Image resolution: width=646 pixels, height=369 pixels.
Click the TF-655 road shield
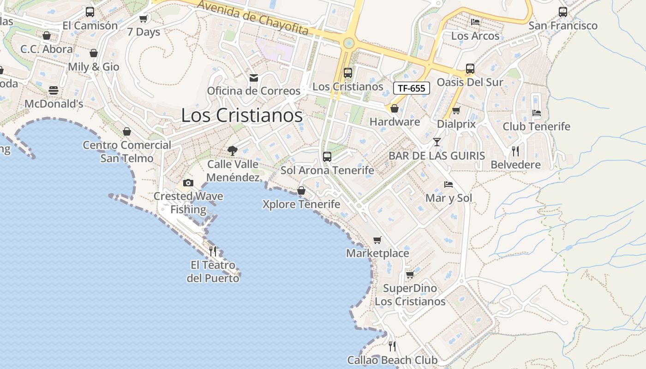(x=411, y=88)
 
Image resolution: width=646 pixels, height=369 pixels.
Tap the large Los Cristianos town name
(x=242, y=115)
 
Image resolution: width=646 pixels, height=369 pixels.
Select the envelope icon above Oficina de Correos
(x=253, y=77)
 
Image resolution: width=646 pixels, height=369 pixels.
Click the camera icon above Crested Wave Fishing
(x=188, y=183)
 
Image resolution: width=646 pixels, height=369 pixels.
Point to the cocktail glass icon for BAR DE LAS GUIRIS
(x=437, y=142)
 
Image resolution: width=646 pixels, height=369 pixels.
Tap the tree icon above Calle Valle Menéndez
(x=232, y=150)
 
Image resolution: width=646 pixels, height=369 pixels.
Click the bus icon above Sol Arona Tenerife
(x=327, y=157)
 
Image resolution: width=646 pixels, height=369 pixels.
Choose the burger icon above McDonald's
(x=54, y=90)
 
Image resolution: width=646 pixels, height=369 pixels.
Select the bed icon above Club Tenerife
(x=536, y=113)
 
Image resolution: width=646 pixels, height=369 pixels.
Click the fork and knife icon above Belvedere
(x=515, y=151)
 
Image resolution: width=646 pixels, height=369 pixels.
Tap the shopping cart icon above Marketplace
(x=377, y=240)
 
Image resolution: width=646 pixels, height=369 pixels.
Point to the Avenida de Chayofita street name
(x=253, y=18)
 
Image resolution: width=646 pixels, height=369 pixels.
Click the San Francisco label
(x=562, y=26)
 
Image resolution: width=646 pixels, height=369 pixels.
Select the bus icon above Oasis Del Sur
(x=470, y=69)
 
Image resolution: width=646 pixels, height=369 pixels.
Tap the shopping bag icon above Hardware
(x=394, y=108)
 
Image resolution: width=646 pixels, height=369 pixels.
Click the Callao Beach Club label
(x=392, y=360)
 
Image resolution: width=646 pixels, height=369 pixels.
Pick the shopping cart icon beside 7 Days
(x=143, y=18)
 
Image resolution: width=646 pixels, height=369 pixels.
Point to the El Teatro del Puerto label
(x=213, y=272)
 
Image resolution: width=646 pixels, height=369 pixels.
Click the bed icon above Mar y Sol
(x=448, y=184)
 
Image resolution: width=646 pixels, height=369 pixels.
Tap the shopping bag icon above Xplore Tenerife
(x=301, y=190)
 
